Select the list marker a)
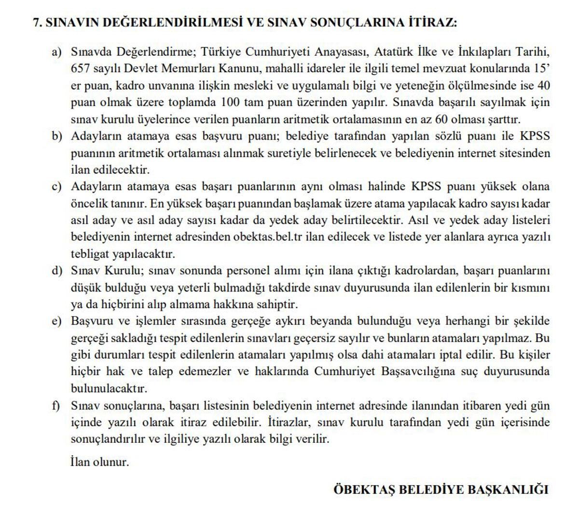point(57,52)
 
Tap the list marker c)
point(57,186)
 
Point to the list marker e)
point(57,321)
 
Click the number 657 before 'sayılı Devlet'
point(80,68)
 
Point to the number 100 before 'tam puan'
point(231,102)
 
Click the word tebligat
point(90,254)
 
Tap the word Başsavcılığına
point(430,372)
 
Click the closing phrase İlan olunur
point(100,462)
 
